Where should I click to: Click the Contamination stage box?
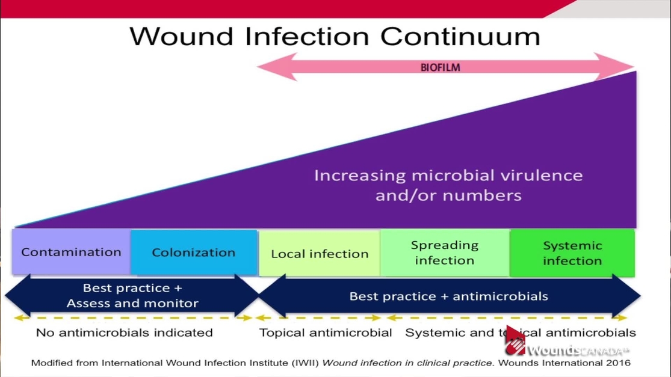coord(71,252)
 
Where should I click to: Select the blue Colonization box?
coord(193,253)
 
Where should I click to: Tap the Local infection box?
coord(320,254)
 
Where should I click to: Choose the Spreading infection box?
coord(445,253)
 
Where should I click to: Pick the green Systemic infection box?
coord(572,253)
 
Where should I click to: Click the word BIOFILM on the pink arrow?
coord(440,67)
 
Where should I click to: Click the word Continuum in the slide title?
coord(460,36)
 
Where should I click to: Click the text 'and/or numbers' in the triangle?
coord(448,195)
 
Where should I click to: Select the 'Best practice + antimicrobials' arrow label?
coord(448,296)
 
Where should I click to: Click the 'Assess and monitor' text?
coord(132,303)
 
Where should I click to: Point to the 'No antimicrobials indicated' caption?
coord(124,333)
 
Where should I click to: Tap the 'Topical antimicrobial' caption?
coord(326,333)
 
